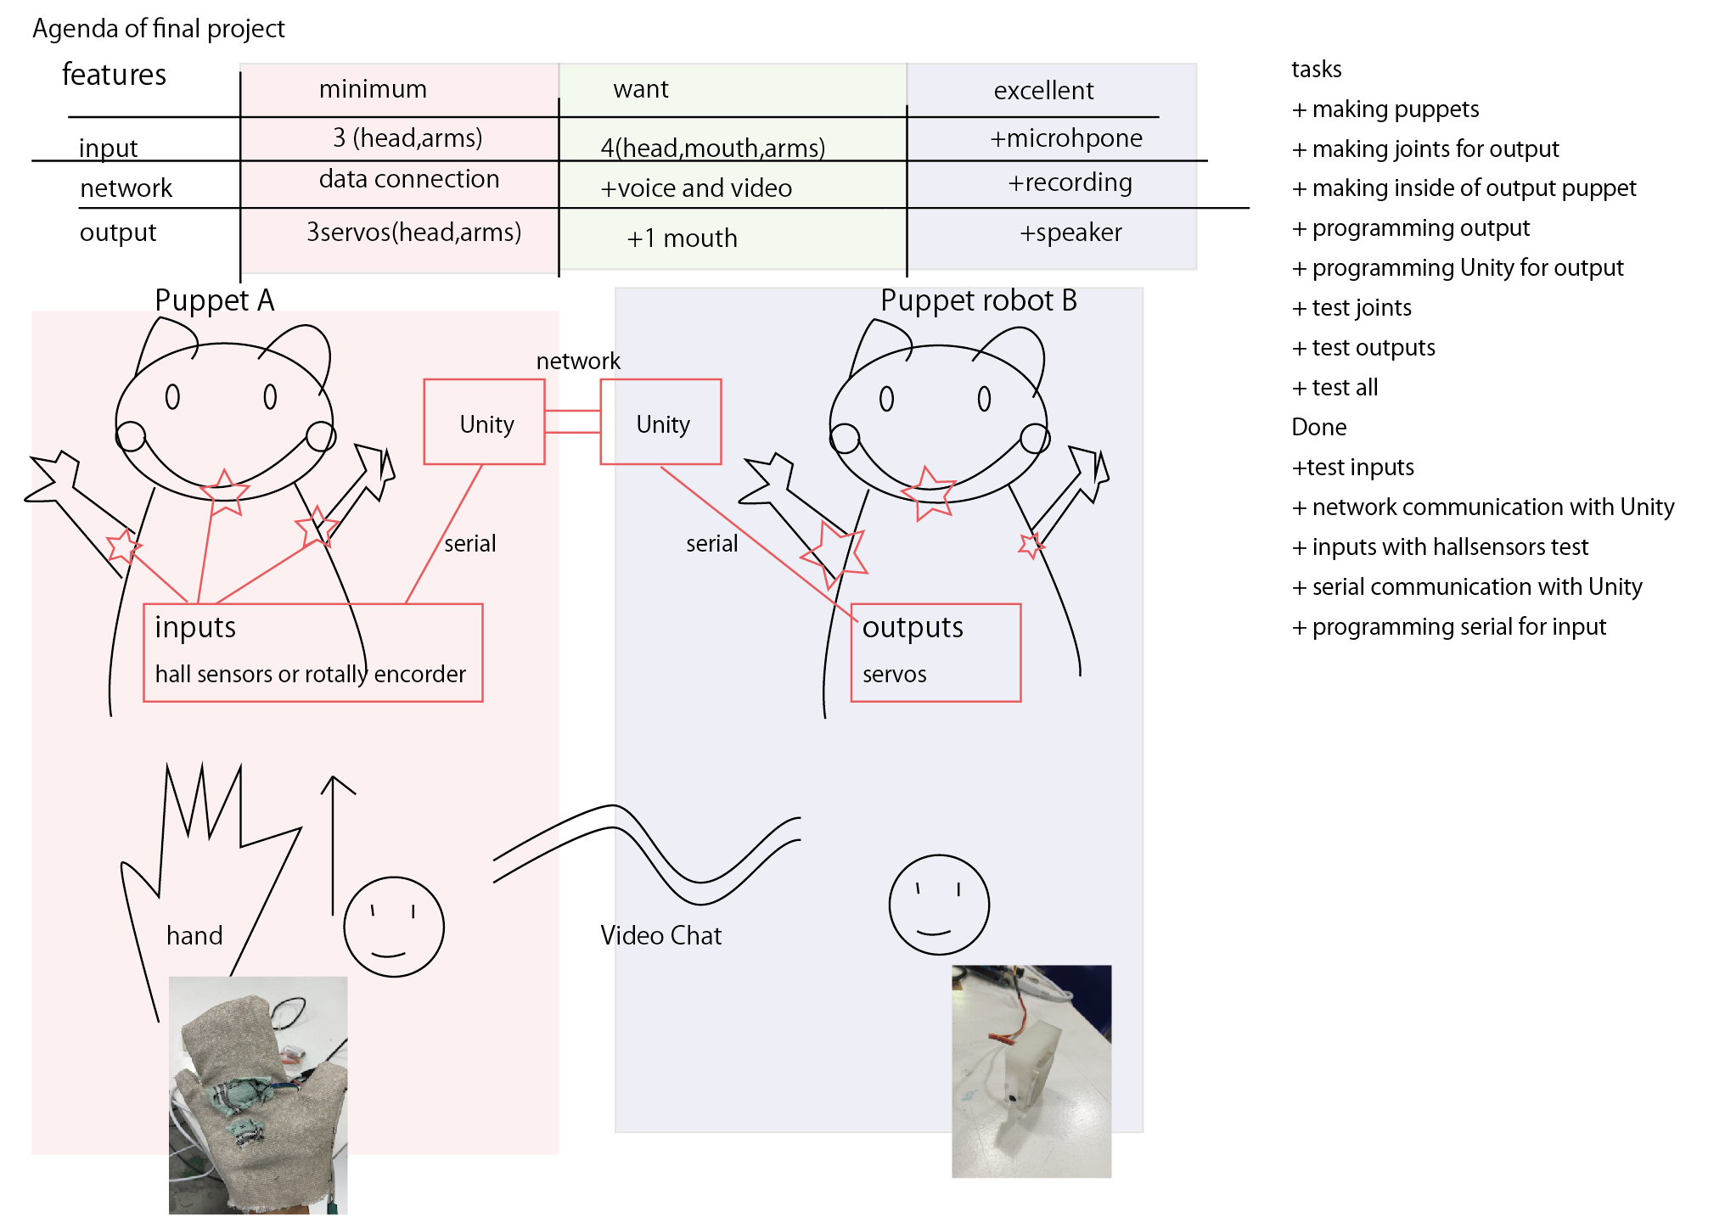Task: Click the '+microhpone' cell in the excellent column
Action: (1065, 138)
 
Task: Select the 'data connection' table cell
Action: (408, 179)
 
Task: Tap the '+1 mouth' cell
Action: (682, 238)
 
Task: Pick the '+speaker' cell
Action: (1070, 233)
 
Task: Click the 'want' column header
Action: (640, 89)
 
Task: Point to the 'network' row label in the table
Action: (126, 188)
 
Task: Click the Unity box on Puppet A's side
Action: (485, 423)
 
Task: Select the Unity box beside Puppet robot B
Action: (661, 423)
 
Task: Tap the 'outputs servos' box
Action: (936, 653)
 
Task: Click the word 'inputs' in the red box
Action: (195, 627)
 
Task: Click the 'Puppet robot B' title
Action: (978, 300)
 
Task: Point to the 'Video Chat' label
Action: (660, 935)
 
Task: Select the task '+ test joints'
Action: (1351, 308)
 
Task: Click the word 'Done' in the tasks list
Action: (1318, 427)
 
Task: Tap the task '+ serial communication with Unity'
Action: (1467, 586)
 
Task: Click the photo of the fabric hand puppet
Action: (258, 1095)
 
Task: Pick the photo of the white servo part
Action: (1031, 1071)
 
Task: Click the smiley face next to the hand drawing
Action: (394, 927)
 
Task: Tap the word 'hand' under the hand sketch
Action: (194, 935)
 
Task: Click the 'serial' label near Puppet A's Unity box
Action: (469, 543)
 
